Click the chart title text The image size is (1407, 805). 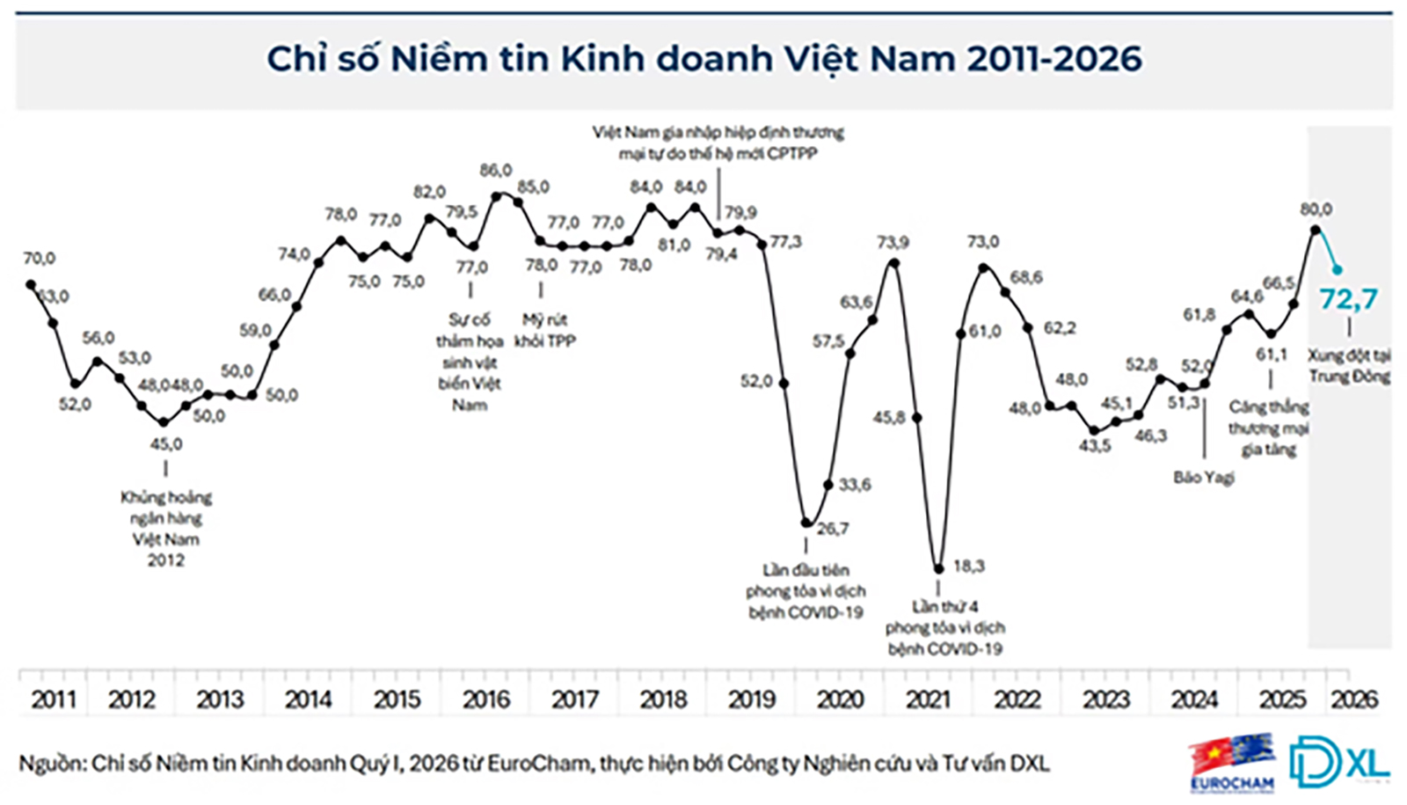tap(703, 59)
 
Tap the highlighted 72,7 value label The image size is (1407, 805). tap(1348, 300)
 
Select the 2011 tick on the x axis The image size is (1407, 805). tap(54, 699)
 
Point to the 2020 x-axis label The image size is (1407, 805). tap(840, 699)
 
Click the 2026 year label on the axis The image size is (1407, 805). tap(1353, 699)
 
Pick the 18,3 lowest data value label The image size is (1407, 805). tap(968, 567)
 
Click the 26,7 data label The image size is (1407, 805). tap(833, 529)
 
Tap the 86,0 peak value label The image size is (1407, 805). tap(496, 171)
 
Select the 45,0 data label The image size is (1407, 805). tap(166, 444)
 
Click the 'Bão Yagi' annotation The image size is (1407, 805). tap(1203, 478)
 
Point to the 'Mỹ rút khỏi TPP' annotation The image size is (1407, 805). tap(544, 331)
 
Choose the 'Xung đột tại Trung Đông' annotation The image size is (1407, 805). tap(1349, 366)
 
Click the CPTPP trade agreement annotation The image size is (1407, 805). tap(718, 143)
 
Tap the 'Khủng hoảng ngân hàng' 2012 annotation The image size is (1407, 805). tap(166, 528)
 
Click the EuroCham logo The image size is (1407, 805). tap(1232, 762)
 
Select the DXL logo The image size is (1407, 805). tap(1338, 760)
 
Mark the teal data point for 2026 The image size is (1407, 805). tap(1338, 269)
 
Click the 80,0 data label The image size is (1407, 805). tap(1316, 209)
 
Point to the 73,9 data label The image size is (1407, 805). tap(893, 242)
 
